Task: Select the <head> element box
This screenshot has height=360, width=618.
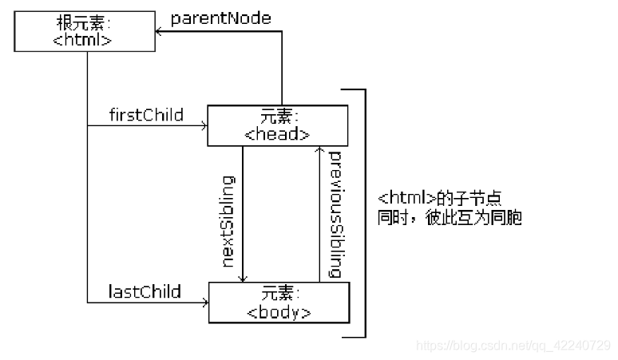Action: pyautogui.click(x=277, y=125)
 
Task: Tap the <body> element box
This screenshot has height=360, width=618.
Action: pyautogui.click(x=279, y=302)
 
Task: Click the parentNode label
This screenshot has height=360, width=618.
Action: pyautogui.click(x=220, y=17)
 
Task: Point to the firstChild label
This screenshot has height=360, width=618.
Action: pyautogui.click(x=146, y=115)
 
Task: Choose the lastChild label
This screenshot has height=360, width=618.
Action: pyautogui.click(x=145, y=291)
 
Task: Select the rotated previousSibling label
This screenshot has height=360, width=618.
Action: pyautogui.click(x=335, y=214)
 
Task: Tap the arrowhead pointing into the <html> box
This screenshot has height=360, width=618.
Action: pyautogui.click(x=159, y=31)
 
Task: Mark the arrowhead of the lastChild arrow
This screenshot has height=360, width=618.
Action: pyautogui.click(x=204, y=302)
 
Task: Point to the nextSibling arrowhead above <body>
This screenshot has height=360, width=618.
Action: pyautogui.click(x=243, y=277)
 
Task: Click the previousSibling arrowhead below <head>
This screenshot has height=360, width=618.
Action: pyautogui.click(x=319, y=151)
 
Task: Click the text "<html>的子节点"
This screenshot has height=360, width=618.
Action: pyautogui.click(x=439, y=198)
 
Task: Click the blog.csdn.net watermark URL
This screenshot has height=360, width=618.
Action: pyautogui.click(x=514, y=345)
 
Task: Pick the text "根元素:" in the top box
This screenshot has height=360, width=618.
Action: pyautogui.click(x=82, y=23)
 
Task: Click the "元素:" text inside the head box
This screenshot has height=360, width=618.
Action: pyautogui.click(x=277, y=117)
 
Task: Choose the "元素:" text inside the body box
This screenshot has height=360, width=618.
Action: pyautogui.click(x=279, y=293)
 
